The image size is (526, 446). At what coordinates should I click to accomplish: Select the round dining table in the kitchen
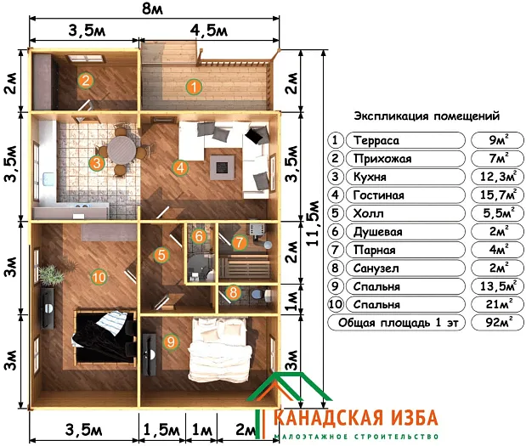pyautogui.click(x=122, y=152)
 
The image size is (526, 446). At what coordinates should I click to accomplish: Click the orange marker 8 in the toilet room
pyautogui.click(x=234, y=293)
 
